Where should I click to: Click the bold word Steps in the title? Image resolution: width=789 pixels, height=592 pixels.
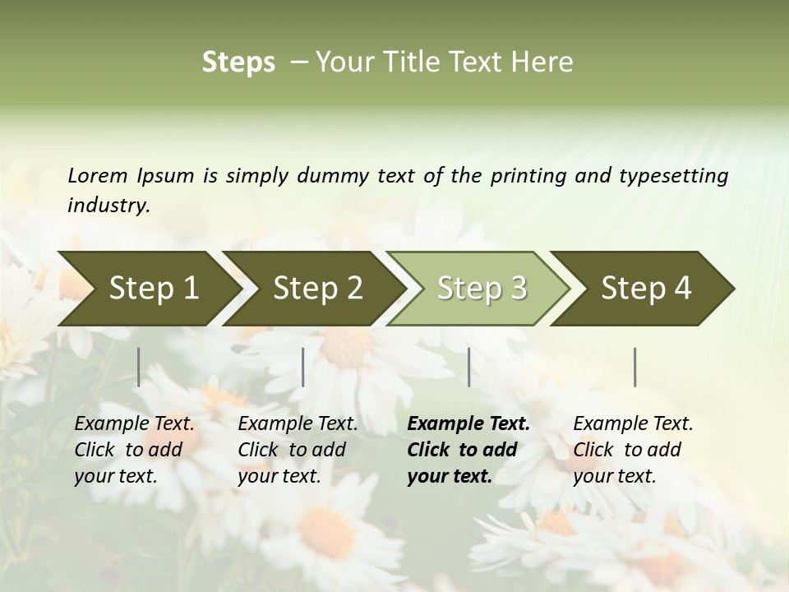pyautogui.click(x=238, y=62)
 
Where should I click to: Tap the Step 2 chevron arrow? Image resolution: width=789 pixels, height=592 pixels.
pyautogui.click(x=317, y=289)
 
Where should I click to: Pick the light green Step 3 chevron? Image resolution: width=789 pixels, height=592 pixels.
pyautogui.click(x=482, y=289)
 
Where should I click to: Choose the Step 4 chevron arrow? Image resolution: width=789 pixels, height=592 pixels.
pyautogui.click(x=646, y=289)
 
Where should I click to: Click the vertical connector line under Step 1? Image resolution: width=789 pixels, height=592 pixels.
pyautogui.click(x=139, y=367)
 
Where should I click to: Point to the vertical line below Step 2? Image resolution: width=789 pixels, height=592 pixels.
pyautogui.click(x=303, y=367)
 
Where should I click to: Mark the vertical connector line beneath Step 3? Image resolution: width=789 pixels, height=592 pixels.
pyautogui.click(x=469, y=367)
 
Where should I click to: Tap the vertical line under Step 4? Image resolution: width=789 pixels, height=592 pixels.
pyautogui.click(x=635, y=367)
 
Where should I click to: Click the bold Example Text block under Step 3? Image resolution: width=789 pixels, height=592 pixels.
pyautogui.click(x=468, y=450)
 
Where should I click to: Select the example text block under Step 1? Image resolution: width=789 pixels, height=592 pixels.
pyautogui.click(x=134, y=450)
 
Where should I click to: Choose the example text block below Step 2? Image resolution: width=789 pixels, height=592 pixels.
pyautogui.click(x=298, y=450)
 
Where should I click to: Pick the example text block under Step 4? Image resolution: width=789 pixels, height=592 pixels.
pyautogui.click(x=633, y=450)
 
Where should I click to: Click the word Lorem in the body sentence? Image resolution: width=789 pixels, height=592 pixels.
pyautogui.click(x=97, y=175)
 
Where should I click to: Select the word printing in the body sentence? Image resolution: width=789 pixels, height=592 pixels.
pyautogui.click(x=528, y=176)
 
